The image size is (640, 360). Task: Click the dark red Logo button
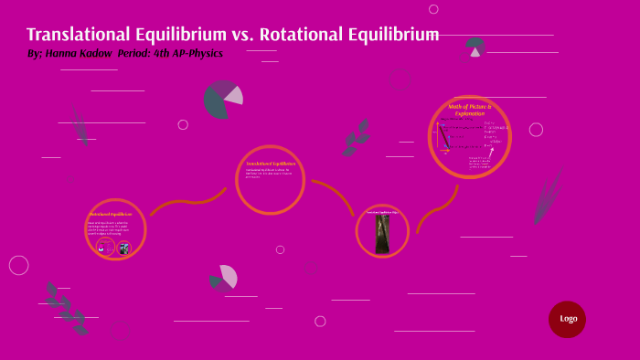(567, 319)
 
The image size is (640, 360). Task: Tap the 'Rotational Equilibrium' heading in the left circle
(111, 214)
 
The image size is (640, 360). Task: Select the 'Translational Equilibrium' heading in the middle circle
(271, 164)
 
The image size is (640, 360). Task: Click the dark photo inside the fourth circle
(382, 234)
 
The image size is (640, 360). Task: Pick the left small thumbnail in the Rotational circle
(105, 248)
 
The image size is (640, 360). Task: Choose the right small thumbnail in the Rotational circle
(123, 248)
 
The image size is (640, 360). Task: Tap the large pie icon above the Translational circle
(222, 99)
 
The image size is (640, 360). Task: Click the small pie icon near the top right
(475, 46)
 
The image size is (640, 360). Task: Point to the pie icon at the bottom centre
(223, 278)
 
